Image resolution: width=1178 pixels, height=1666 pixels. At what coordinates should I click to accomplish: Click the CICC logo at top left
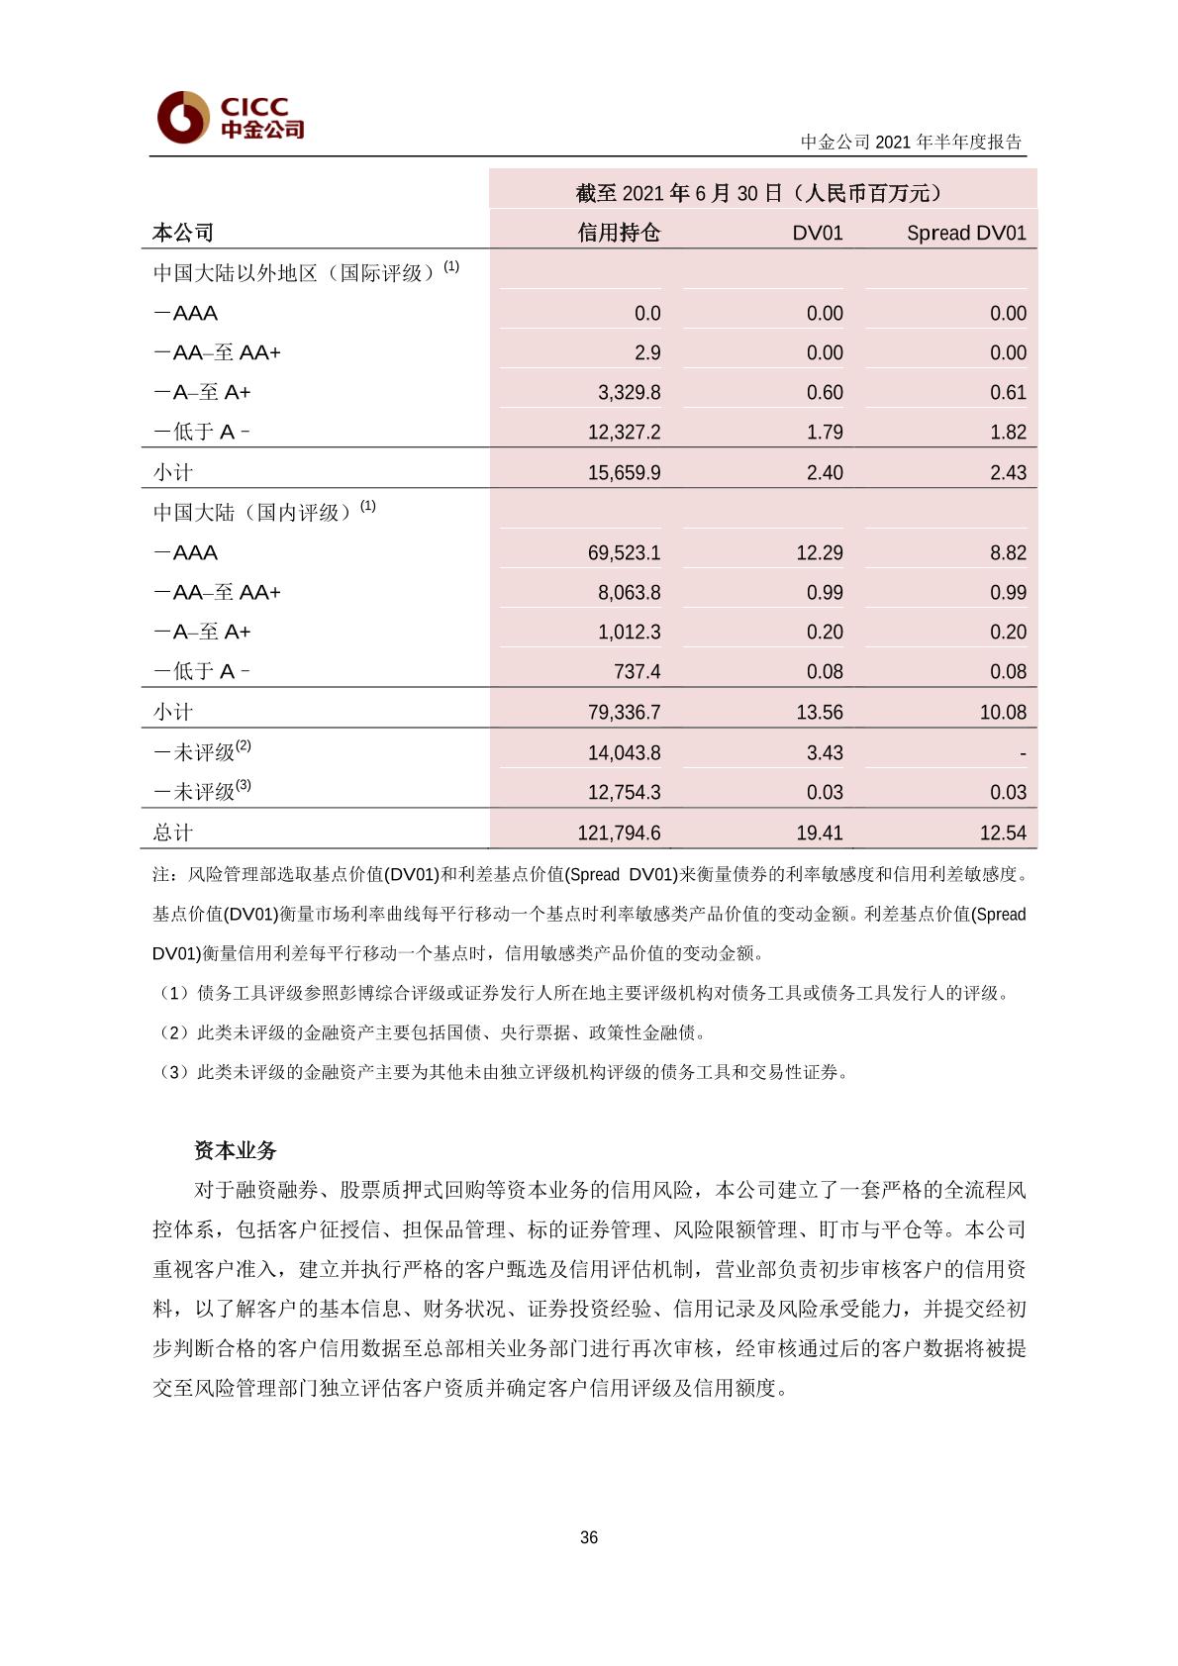tap(230, 118)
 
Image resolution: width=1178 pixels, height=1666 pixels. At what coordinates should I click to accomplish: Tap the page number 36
tap(589, 1537)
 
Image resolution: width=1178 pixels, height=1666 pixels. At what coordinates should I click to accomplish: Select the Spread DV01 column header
tap(966, 233)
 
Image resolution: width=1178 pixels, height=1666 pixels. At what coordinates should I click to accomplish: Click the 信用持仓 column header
tap(619, 233)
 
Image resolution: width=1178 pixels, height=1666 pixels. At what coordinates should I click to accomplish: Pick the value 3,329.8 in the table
tap(629, 392)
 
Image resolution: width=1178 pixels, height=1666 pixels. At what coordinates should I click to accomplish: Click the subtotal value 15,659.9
tap(624, 472)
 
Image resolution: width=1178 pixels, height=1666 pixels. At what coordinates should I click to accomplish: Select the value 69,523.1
tap(624, 552)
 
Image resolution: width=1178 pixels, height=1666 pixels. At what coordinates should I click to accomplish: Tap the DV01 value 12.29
tap(820, 552)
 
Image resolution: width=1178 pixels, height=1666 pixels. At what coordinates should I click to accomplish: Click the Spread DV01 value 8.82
tap(1008, 552)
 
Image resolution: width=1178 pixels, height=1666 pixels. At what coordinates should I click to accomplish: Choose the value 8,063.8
tap(629, 592)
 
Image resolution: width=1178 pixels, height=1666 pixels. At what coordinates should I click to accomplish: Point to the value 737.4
tap(637, 671)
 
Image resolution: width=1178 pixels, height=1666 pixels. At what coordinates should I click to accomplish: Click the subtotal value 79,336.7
tap(624, 712)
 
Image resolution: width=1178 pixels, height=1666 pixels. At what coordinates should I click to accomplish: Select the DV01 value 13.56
tap(820, 712)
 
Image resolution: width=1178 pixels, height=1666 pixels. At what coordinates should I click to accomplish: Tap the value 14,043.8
tap(624, 752)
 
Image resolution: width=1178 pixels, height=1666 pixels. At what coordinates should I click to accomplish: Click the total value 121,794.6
tap(619, 833)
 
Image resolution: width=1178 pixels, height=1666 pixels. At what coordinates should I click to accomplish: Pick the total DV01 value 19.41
tap(820, 833)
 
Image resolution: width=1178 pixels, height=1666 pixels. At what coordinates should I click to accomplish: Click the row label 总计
tap(172, 833)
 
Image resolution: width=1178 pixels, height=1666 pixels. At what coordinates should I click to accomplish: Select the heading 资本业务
tap(236, 1150)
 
